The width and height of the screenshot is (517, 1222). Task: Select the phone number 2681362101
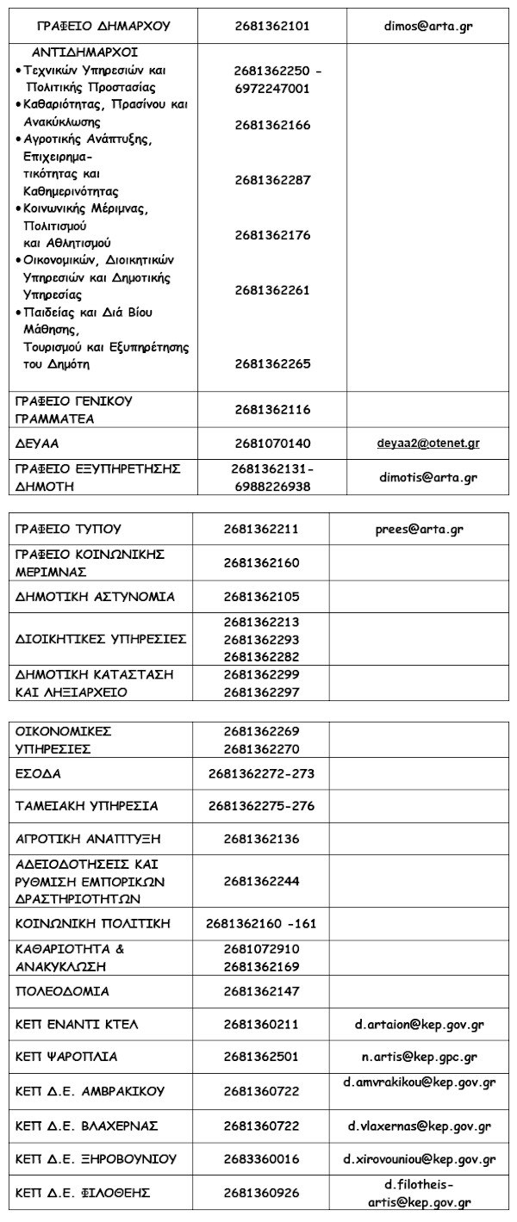pos(272,27)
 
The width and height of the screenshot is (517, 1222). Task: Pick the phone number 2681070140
pos(272,444)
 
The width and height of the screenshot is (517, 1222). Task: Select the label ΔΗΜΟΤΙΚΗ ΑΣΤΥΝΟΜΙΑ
pos(96,597)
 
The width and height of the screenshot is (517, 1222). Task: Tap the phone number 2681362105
pos(261,597)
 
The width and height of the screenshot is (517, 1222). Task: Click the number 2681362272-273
pos(261,773)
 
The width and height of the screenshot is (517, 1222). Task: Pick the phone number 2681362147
pos(261,991)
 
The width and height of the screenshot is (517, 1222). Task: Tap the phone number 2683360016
pos(261,1159)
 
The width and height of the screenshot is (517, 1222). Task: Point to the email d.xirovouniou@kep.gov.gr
pos(420,1159)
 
